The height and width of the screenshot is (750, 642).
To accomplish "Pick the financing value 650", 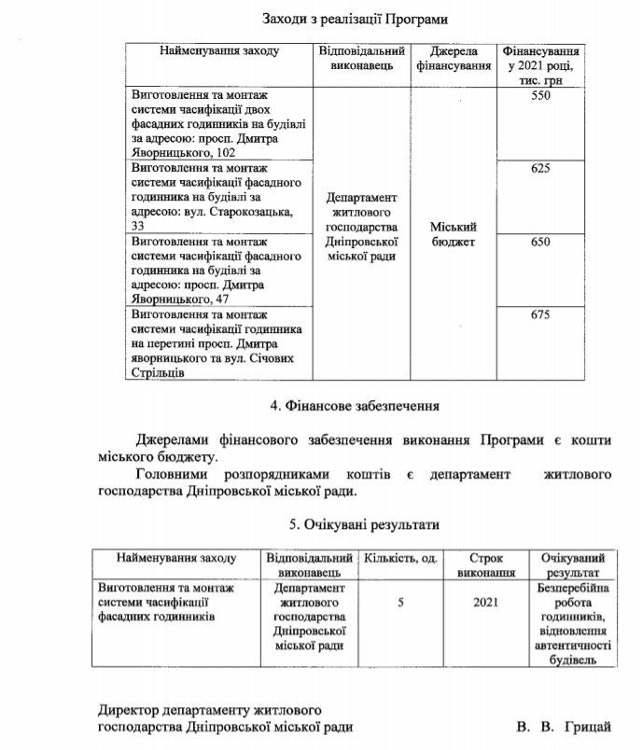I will [x=540, y=241].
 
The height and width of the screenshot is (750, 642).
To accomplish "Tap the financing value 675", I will [x=540, y=314].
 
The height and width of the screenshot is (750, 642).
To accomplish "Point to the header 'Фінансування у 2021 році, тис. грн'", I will [x=541, y=65].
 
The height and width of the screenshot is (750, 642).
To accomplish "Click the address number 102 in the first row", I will [x=223, y=152].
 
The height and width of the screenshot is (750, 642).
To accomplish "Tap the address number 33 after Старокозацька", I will [x=138, y=226].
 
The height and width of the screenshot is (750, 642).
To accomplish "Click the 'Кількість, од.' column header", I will [x=402, y=557].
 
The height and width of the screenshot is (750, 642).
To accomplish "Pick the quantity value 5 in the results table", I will [x=400, y=603].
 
